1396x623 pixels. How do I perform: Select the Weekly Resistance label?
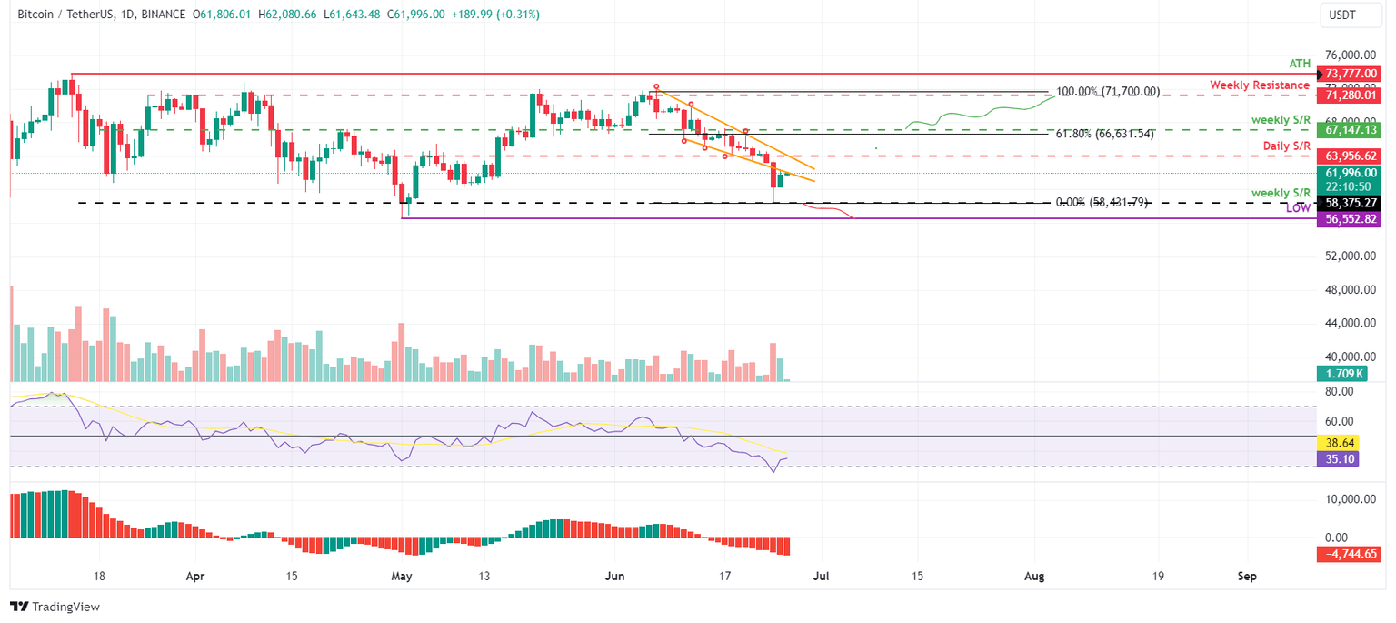point(1259,85)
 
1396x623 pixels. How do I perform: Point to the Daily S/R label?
point(1286,146)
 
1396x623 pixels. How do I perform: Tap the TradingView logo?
point(55,607)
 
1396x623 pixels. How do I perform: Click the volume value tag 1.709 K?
point(1341,373)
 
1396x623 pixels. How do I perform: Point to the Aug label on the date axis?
point(1033,576)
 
